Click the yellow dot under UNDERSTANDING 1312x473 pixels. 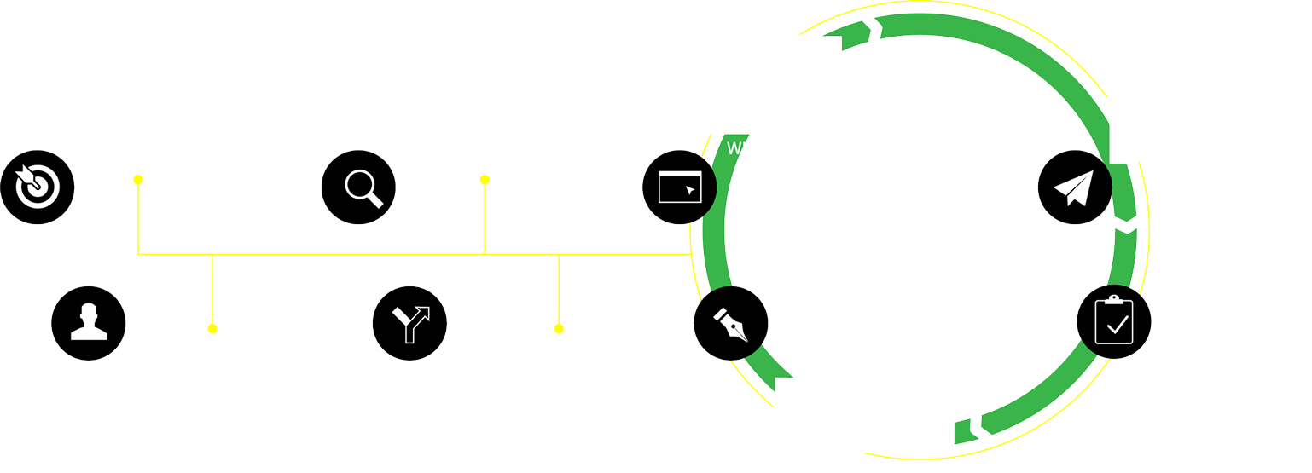pos(138,179)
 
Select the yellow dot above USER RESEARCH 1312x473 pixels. pos(212,328)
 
